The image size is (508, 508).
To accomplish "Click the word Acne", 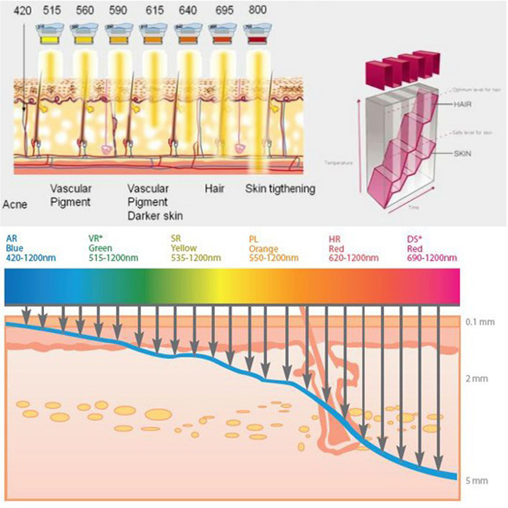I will pos(15,205).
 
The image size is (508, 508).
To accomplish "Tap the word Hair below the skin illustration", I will pos(214,189).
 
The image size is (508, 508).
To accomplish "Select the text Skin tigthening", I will pos(280,189).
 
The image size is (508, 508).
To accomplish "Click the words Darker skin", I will pos(155,216).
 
